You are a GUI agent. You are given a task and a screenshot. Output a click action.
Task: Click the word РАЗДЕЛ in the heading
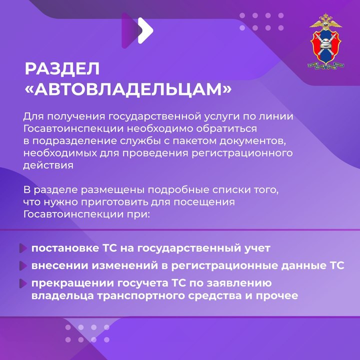pos(62,68)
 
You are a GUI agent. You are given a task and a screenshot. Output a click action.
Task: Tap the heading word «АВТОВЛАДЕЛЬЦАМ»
pos(128,89)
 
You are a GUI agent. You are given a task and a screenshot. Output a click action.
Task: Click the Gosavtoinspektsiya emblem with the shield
pos(325,41)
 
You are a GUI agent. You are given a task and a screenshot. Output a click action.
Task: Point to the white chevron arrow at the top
pos(145,30)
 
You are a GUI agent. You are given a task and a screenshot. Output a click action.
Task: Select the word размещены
pos(112,190)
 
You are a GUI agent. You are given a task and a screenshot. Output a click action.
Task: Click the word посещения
pos(204,202)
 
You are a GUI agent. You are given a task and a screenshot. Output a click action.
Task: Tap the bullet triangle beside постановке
pos(23,248)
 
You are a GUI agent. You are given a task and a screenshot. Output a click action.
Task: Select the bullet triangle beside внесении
pos(23,265)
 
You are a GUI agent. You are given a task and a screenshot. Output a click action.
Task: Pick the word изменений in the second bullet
pos(125,265)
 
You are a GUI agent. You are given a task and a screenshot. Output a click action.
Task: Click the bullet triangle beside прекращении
pos(23,283)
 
